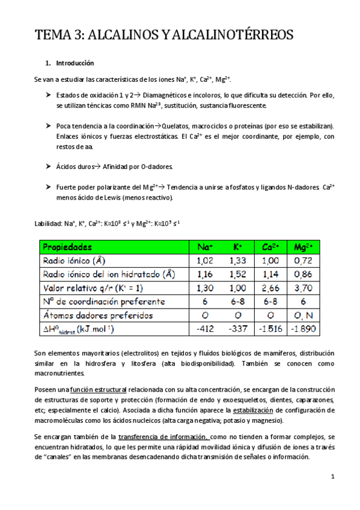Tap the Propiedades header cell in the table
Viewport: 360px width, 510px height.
coord(67,247)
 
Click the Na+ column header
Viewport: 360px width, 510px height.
coord(205,247)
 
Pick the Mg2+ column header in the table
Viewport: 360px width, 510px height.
coord(303,247)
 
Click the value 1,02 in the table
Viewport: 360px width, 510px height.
coord(205,260)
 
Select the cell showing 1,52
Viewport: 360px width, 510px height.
coord(237,274)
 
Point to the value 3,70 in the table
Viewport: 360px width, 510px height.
coord(303,288)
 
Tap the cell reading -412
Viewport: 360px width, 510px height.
coord(205,329)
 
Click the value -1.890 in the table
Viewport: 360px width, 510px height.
coord(303,329)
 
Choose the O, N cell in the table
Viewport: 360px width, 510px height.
coord(303,315)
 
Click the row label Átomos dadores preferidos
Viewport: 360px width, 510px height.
coord(97,315)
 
